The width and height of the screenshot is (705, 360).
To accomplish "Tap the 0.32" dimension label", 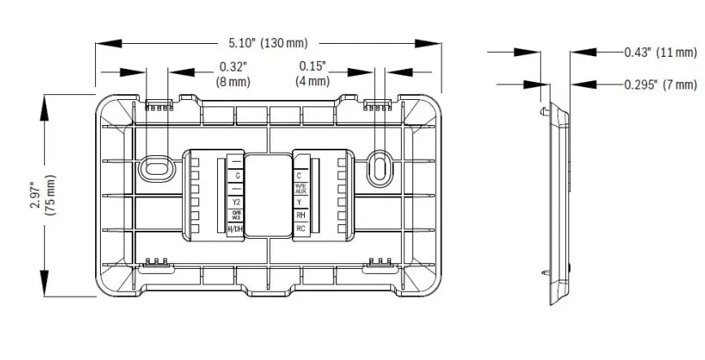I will coord(233,67).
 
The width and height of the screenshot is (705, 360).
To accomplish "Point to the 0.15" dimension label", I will coord(312,67).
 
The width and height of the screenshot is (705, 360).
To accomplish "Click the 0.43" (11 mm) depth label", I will coord(659,52).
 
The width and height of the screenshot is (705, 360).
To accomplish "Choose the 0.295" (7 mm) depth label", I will coord(659,84).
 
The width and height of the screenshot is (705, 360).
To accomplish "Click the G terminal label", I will coord(236,176).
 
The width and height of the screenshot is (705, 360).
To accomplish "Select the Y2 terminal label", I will coord(236,202).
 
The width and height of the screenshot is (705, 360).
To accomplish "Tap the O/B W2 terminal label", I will coord(236,215).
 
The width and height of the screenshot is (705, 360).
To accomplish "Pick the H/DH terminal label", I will coord(236,230).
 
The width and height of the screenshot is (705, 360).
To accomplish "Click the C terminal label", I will coord(300,175).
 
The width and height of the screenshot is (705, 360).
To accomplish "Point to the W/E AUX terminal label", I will coord(300,189).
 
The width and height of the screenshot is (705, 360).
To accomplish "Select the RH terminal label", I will coord(300,215).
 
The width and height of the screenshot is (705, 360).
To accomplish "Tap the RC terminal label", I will coord(300,229).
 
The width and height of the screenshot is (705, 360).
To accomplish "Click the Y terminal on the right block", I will coord(300,202).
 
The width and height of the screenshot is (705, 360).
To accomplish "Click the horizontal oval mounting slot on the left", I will coord(154,167).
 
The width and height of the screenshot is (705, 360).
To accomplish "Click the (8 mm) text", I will coord(233,81).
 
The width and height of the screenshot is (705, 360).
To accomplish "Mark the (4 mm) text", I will coord(312,81).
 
